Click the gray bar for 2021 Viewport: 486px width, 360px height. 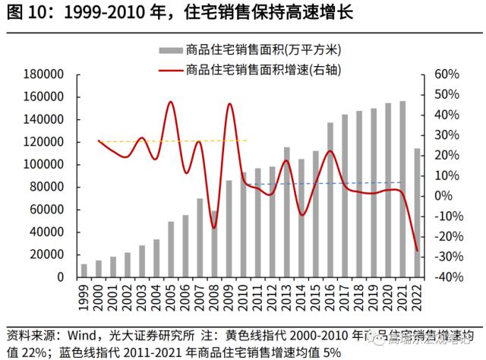pos(402,189)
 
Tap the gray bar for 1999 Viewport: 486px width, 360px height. pos(84,270)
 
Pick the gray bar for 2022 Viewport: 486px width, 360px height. pos(417,213)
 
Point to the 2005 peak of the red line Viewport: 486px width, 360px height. pos(171,103)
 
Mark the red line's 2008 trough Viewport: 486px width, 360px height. pos(214,227)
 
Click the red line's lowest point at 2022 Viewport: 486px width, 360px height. pos(417,251)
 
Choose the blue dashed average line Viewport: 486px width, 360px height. pos(334,183)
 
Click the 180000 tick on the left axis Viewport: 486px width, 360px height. pos(45,74)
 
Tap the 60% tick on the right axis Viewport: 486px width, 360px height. pos(446,74)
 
